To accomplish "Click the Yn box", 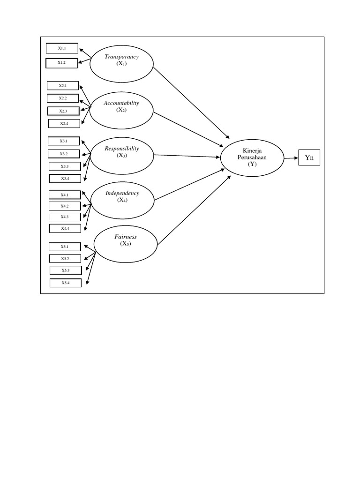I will [x=309, y=158].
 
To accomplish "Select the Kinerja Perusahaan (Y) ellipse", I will [x=253, y=158].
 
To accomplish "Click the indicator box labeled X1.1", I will [x=62, y=48].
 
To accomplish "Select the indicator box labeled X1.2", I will [x=62, y=62].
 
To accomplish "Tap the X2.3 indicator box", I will [x=63, y=111].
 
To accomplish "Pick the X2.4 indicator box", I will [x=64, y=123].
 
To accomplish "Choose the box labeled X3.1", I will [x=64, y=141].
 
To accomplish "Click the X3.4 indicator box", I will [x=65, y=179].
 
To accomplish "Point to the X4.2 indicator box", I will [x=65, y=206].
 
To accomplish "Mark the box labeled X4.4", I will [x=65, y=228].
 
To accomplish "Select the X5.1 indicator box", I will [x=65, y=247].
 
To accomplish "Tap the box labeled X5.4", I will [x=66, y=283].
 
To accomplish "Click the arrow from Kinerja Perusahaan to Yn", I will [x=291, y=158].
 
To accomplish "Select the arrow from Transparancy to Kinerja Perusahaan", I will [x=191, y=103].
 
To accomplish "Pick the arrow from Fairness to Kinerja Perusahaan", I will [x=194, y=210].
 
